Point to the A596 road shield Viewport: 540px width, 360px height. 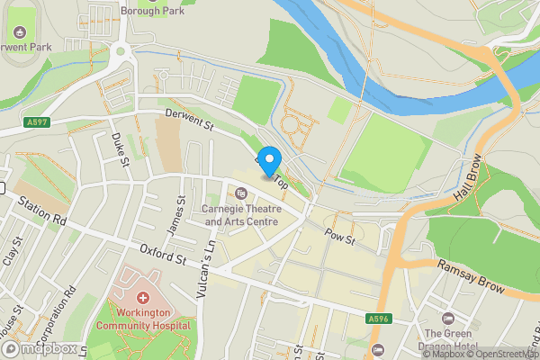click(x=378, y=318)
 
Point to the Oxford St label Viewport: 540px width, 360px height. click(x=161, y=254)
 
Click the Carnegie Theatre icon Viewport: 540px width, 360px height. click(x=240, y=193)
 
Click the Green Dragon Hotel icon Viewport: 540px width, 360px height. click(x=448, y=319)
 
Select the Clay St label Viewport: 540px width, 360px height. click(x=12, y=251)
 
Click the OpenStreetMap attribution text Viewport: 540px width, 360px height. click(x=500, y=353)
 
